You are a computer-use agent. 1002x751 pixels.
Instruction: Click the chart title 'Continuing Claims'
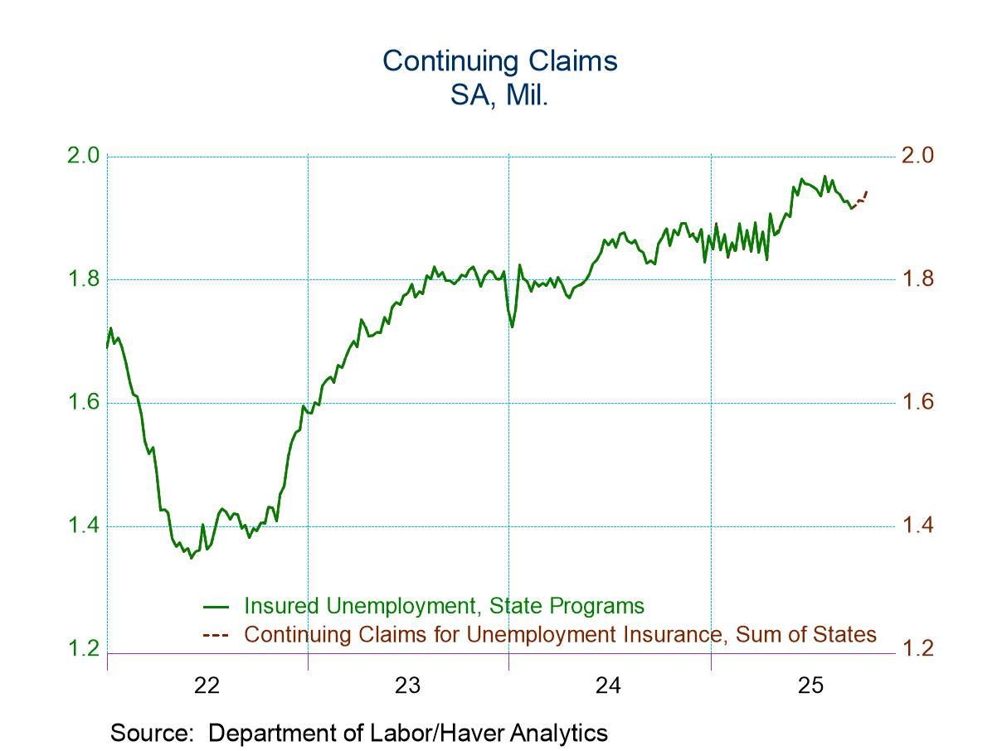tap(499, 61)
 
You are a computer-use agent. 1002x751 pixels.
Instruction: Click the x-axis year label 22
tap(207, 686)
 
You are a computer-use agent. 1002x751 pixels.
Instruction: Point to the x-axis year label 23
tap(407, 686)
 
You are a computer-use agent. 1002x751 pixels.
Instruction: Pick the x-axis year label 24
tap(609, 686)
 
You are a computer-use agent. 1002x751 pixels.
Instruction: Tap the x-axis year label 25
tap(810, 686)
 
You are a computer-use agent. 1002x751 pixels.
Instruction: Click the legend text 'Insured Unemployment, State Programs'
tap(444, 606)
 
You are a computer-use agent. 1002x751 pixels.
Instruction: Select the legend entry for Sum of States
tap(560, 635)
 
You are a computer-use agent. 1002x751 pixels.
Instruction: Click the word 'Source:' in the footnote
tap(155, 733)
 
